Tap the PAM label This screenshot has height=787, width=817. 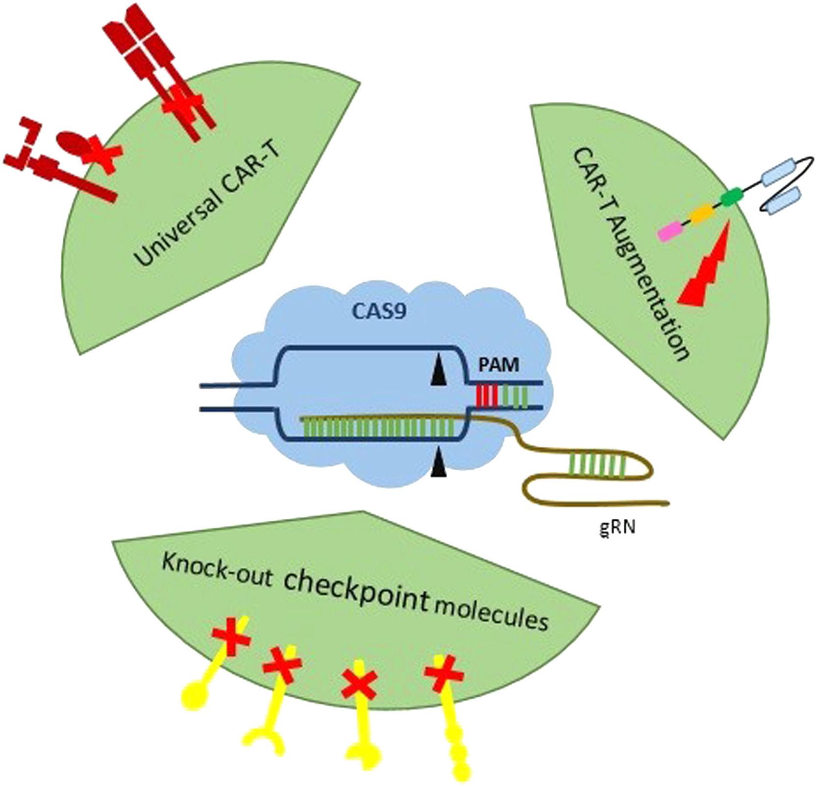click(498, 366)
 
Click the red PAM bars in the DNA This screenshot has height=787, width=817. click(487, 395)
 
